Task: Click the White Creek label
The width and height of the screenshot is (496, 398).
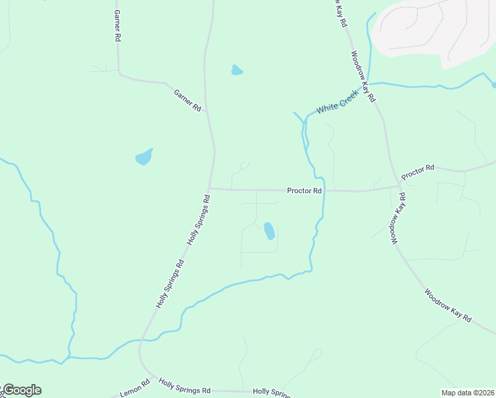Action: tap(337, 101)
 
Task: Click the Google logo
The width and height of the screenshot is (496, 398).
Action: tap(21, 390)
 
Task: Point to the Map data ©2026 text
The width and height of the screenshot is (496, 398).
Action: tap(467, 393)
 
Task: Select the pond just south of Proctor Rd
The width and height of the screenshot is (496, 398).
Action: tap(269, 231)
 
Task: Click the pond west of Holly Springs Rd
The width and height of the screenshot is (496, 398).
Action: tap(144, 157)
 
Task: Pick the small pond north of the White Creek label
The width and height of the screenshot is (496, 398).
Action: tap(237, 70)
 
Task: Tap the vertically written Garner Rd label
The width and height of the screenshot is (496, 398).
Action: tap(117, 26)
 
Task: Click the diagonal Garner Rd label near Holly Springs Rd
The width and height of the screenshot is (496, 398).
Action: tap(187, 99)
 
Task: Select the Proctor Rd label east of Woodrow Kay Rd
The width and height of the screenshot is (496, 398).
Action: tap(417, 171)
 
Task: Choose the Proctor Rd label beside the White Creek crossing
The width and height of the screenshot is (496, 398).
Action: tap(304, 190)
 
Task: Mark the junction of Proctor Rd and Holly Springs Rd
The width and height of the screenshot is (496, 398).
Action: tap(210, 188)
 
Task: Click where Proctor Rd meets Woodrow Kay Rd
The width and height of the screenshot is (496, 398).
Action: tap(399, 186)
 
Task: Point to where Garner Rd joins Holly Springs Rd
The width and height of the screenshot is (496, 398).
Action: tap(207, 112)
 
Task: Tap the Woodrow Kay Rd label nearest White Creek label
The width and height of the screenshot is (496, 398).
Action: tap(363, 76)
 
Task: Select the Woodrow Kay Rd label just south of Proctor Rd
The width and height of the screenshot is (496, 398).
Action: tap(397, 219)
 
